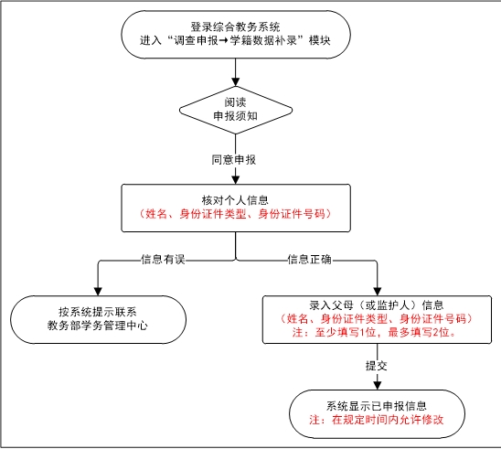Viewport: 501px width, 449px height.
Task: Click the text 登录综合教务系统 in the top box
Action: point(236,27)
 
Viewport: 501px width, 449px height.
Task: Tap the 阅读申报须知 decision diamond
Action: point(236,110)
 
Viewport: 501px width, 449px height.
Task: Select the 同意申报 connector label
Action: point(234,159)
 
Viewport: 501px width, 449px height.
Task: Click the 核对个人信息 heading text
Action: point(235,200)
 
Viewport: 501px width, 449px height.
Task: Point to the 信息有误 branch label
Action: point(163,259)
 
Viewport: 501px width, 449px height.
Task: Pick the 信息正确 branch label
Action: point(309,259)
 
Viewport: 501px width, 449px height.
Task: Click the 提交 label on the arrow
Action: point(377,366)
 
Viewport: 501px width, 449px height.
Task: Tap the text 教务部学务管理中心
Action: point(98,326)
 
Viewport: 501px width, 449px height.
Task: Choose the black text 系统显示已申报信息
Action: point(377,406)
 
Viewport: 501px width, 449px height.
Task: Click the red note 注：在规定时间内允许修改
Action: point(377,419)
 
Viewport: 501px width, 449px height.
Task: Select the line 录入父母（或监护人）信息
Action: point(377,305)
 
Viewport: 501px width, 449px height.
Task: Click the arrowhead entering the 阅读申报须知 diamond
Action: point(236,81)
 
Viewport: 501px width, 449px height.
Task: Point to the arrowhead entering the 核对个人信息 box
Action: point(236,180)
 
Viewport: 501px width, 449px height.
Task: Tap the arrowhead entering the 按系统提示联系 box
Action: point(98,291)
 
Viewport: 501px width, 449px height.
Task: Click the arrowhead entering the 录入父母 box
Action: point(378,291)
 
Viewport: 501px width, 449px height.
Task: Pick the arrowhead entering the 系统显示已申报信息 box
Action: point(378,385)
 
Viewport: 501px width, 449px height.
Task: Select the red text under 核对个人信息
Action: point(235,214)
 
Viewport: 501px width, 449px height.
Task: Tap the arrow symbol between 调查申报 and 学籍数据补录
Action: point(224,41)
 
